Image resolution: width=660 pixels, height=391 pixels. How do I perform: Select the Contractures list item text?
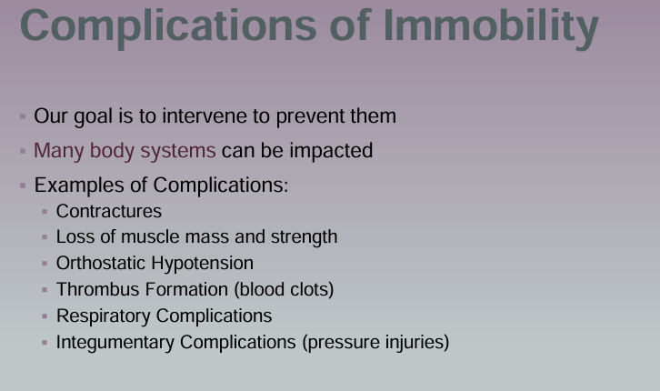tap(108, 212)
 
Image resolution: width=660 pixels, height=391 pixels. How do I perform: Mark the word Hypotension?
tap(203, 264)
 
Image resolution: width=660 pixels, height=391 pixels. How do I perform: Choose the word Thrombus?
tap(93, 290)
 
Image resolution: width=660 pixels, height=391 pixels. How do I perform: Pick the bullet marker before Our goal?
tap(22, 117)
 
